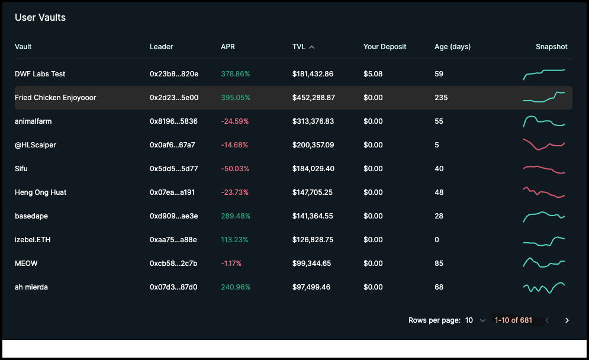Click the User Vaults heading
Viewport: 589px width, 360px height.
[x=40, y=18]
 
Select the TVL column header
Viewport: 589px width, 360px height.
[x=298, y=47]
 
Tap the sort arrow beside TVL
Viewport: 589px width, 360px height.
[x=312, y=47]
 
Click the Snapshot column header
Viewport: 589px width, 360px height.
[x=551, y=47]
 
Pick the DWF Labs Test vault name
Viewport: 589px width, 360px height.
[x=40, y=74]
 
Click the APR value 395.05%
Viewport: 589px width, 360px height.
[x=236, y=98]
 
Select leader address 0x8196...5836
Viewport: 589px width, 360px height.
[x=173, y=121]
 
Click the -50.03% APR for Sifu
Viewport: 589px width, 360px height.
[x=235, y=169]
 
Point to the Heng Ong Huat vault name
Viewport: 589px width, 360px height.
[x=41, y=192]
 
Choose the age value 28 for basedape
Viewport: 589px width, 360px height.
[x=439, y=216]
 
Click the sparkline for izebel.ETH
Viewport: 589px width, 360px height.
[x=544, y=240]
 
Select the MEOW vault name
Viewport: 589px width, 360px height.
[x=26, y=263]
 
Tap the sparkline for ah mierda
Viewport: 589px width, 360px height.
[x=544, y=288]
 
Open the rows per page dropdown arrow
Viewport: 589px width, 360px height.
[x=482, y=320]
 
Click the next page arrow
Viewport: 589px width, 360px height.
[x=567, y=320]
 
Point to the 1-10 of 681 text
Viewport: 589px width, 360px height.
[x=513, y=320]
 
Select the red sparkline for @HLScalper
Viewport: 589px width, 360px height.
[x=544, y=144]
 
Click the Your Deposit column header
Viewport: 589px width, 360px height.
[x=385, y=47]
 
